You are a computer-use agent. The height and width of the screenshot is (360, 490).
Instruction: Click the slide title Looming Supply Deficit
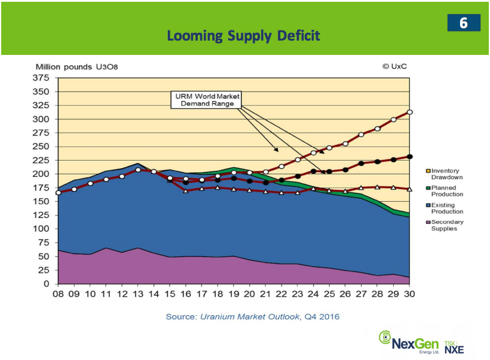point(243,36)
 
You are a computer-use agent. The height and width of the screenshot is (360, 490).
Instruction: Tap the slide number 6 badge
point(463,23)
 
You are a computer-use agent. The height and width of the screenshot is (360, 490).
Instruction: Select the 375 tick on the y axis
point(41,78)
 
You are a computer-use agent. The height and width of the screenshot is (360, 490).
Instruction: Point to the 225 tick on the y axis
point(41,160)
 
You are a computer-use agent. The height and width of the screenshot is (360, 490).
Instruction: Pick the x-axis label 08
point(58,294)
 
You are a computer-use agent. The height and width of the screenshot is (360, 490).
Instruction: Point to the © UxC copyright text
point(395,66)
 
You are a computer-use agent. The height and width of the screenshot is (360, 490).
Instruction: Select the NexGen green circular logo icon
point(385,337)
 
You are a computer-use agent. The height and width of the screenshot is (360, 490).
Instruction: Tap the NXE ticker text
point(454,349)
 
